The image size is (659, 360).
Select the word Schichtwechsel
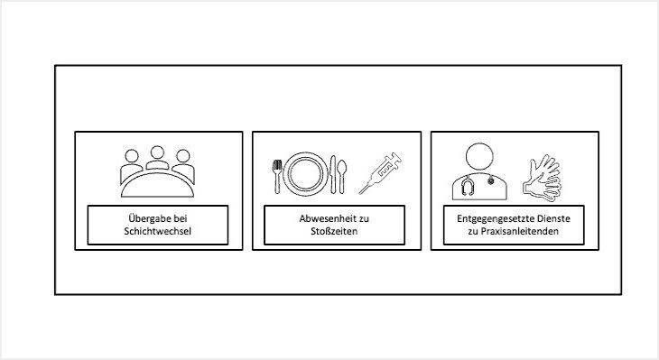(158, 231)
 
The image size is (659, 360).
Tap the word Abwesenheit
(322, 218)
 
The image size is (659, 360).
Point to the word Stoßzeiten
(334, 231)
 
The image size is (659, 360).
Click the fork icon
(277, 177)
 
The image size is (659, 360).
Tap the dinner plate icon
(305, 173)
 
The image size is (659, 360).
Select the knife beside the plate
(333, 174)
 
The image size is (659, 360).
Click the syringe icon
(380, 173)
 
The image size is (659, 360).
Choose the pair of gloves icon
(543, 178)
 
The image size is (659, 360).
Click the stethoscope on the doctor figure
(467, 186)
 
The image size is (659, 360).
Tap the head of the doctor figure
(479, 157)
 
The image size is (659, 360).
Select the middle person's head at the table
(157, 152)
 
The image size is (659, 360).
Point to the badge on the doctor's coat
(491, 181)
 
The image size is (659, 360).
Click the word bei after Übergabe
(181, 218)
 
